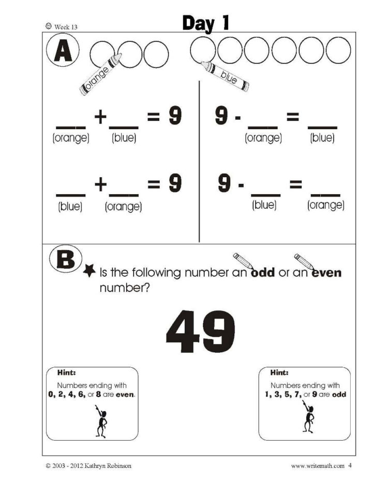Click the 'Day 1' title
[x=205, y=23]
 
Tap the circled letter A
[x=62, y=52]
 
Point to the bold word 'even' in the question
[x=326, y=272]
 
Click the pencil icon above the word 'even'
[x=303, y=259]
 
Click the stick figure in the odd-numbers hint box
[x=308, y=417]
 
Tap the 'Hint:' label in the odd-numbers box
[x=280, y=372]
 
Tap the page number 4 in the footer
[x=350, y=465]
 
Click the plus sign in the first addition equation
[x=100, y=117]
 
